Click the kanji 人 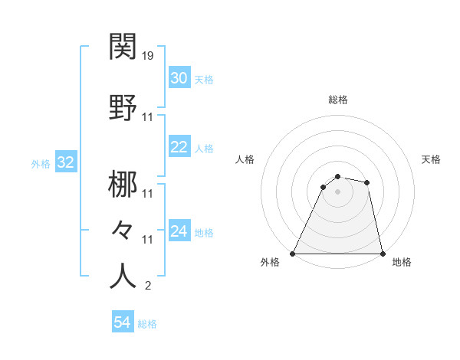[123, 277]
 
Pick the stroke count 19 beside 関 [149, 56]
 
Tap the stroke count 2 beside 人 [147, 286]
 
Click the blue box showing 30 [179, 78]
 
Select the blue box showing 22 [179, 148]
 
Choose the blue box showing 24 [179, 231]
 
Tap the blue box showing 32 [65, 162]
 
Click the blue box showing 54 [123, 322]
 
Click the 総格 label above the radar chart [337, 100]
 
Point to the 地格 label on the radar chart [402, 262]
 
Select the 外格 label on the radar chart [270, 262]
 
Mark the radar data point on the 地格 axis [382, 254]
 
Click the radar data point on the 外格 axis [293, 254]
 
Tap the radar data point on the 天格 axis [367, 182]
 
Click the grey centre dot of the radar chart [337, 191]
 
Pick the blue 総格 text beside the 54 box [147, 324]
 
